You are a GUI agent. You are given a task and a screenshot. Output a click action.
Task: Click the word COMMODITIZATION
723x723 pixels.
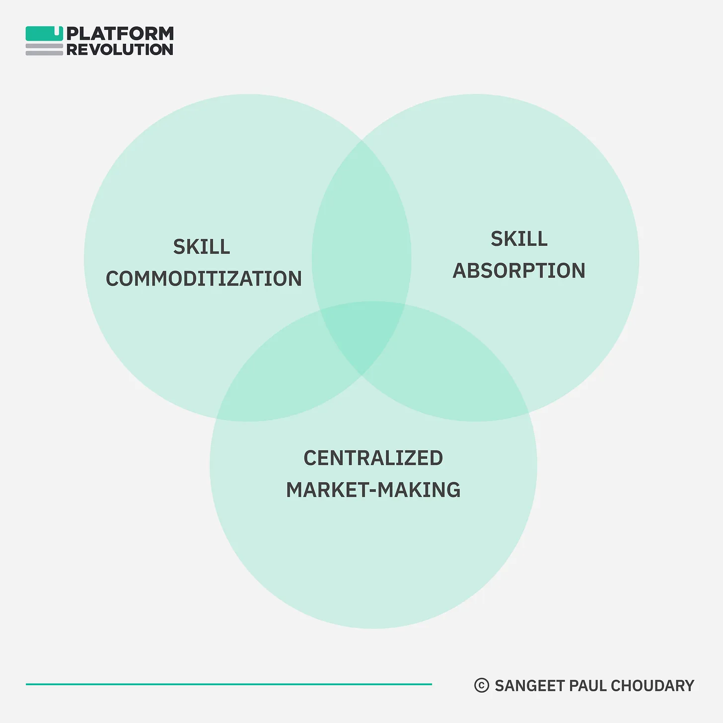(204, 279)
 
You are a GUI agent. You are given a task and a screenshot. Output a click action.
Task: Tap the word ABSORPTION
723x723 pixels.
(519, 271)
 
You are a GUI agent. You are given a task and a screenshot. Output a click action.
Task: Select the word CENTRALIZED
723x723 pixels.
(373, 458)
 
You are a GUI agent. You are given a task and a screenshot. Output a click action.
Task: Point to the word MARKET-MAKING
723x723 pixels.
(373, 490)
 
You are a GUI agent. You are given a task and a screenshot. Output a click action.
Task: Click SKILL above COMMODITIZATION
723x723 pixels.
(202, 246)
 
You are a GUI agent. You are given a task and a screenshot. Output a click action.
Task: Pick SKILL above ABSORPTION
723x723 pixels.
(519, 239)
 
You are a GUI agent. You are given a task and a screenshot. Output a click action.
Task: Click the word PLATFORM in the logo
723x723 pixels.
(120, 34)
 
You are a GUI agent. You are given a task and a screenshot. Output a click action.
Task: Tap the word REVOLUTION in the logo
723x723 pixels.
(120, 50)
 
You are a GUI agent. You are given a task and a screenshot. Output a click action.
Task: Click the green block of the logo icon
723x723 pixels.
(44, 33)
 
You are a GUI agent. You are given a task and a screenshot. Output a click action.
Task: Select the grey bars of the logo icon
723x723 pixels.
(44, 50)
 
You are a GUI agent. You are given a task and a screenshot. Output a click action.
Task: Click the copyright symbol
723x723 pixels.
(482, 685)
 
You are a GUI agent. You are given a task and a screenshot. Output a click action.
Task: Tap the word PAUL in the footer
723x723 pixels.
(587, 685)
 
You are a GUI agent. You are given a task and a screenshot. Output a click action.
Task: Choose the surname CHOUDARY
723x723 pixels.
(652, 685)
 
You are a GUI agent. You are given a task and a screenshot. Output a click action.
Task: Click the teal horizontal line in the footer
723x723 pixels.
(229, 684)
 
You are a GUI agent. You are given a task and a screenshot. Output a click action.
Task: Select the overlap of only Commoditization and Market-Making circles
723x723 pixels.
(285, 379)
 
